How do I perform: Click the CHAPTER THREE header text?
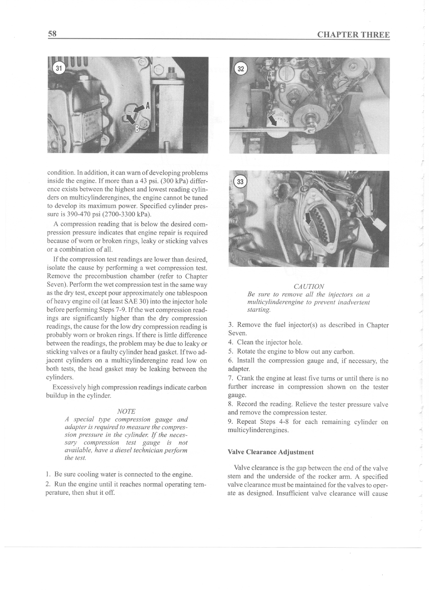pos(353,35)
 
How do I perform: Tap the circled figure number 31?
pos(59,68)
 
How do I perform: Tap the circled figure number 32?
pos(240,69)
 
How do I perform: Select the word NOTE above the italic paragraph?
pos(127,411)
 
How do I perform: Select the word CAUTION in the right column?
pos(309,286)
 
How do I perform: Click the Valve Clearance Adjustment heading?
pos(271,452)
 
